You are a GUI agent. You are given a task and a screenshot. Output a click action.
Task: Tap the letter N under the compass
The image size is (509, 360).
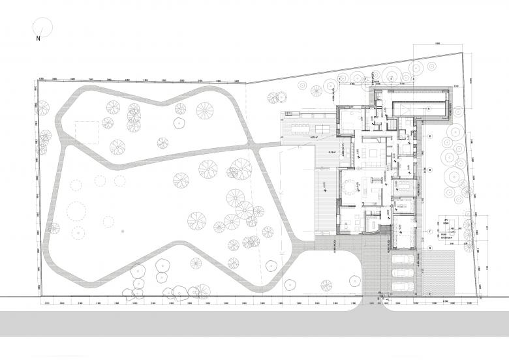[x=38, y=39]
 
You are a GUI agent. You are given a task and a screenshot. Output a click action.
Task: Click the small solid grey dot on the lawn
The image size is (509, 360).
[x=122, y=231]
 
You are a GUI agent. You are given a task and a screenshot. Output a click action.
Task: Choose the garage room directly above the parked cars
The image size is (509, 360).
[x=403, y=232]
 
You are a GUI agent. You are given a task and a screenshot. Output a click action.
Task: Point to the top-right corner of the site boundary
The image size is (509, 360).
[x=463, y=52]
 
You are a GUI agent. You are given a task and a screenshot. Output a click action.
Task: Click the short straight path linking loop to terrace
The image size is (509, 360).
[x=268, y=147]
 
